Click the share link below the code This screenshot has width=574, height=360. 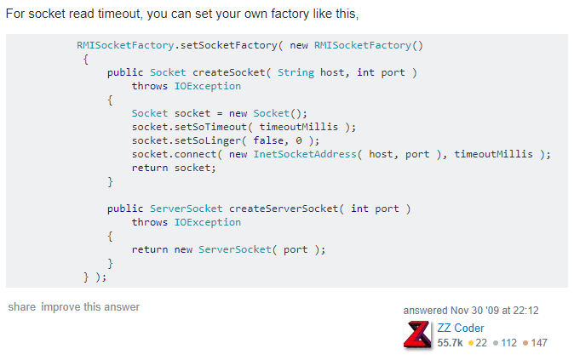(21, 307)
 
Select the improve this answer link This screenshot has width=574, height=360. (90, 307)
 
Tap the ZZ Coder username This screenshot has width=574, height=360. (461, 328)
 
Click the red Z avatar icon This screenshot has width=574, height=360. (417, 334)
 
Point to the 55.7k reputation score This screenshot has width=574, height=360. (450, 342)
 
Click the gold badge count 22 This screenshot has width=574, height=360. (481, 342)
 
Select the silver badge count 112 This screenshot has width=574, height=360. (508, 342)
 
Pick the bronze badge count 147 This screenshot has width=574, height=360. (538, 342)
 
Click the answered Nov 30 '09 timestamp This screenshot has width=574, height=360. (471, 311)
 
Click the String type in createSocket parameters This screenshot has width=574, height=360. (296, 72)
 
